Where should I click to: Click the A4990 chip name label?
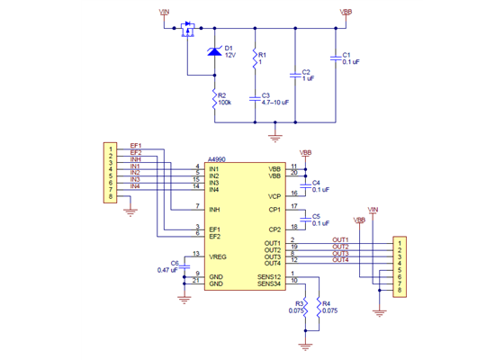tap(218, 156)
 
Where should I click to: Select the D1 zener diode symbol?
tap(214, 52)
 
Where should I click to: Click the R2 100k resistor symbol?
tap(214, 99)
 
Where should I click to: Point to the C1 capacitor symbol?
tap(335, 58)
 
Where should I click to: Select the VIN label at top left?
tap(164, 13)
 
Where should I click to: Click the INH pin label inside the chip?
tap(214, 210)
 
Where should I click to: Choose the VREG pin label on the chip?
tap(217, 257)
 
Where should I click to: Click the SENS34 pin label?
tap(270, 283)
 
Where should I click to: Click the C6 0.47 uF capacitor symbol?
tap(185, 265)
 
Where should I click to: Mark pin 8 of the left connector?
tap(110, 196)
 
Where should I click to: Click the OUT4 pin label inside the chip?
tap(273, 263)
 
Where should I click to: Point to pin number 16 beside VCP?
tap(293, 193)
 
